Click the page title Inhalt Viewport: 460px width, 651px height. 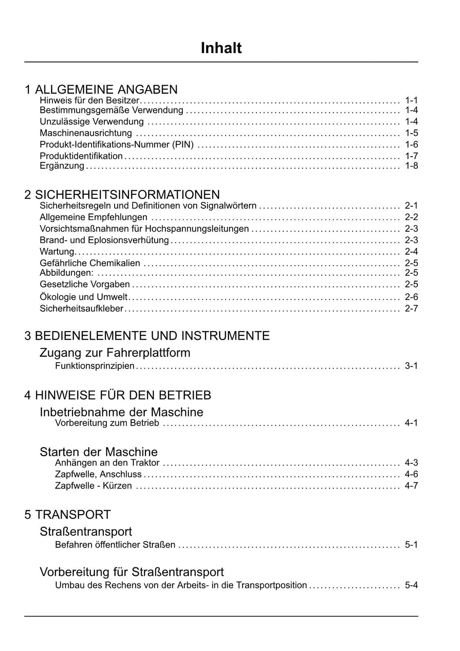coord(221,48)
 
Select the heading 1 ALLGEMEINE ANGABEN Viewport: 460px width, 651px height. coord(101,89)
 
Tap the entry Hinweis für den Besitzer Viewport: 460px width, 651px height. coord(89,100)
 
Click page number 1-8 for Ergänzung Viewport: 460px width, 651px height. coord(411,166)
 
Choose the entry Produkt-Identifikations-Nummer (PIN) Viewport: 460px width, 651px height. coord(117,144)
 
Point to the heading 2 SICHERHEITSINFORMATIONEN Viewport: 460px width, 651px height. coord(122,194)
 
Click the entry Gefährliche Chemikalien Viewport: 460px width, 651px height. coord(90,263)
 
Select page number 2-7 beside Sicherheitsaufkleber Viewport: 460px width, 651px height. coord(411,308)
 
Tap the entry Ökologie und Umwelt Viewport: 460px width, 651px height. coord(84,297)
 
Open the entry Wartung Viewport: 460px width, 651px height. coord(57,251)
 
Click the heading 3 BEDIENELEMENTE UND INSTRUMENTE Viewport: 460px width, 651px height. coord(147,336)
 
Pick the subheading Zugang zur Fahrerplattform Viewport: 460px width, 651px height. coord(115,352)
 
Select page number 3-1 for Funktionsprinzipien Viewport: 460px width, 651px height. coord(411,366)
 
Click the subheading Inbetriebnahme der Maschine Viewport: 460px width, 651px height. coord(121,412)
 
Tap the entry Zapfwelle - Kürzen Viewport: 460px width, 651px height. coord(93,485)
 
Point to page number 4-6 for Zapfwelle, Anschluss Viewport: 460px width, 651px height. coord(411,474)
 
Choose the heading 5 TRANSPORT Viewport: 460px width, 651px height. coord(67,514)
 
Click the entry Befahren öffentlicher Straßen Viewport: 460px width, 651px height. coord(115,544)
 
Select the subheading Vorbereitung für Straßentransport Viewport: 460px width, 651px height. coord(132,572)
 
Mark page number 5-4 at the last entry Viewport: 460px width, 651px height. coord(411,585)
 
